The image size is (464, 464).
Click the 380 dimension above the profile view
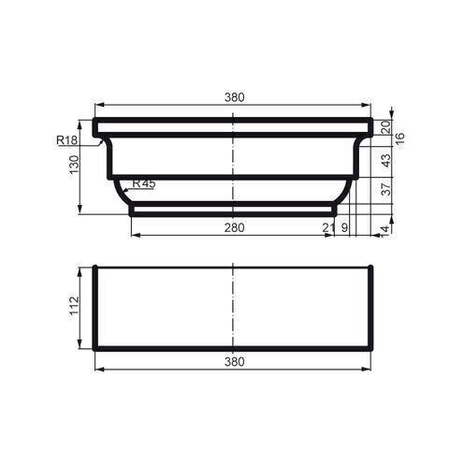click(x=233, y=96)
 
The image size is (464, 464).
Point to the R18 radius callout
click(x=66, y=140)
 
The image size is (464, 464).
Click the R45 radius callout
click(x=144, y=183)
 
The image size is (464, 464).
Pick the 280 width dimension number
click(x=233, y=227)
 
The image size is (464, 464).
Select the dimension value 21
click(x=328, y=227)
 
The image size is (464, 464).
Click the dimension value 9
click(x=345, y=227)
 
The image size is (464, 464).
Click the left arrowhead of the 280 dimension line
click(x=133, y=234)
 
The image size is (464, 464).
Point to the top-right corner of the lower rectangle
click(x=371, y=268)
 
